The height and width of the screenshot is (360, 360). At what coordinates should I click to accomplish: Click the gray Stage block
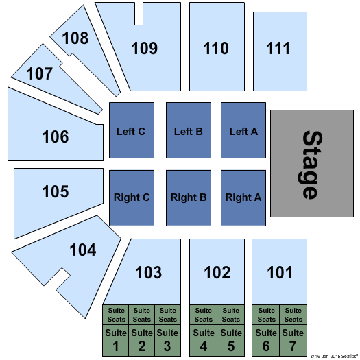pos(312,163)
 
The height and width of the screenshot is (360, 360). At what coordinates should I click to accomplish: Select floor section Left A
pos(243,130)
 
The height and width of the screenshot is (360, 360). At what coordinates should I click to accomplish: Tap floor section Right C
pos(132,198)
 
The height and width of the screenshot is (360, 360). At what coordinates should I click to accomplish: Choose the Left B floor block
pos(189,130)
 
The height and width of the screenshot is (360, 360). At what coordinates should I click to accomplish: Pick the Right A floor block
pos(243,198)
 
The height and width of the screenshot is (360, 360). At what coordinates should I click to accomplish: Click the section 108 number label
pos(75,38)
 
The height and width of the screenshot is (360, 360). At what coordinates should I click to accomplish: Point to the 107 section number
pos(40,73)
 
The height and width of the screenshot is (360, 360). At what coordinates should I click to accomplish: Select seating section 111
pos(280,51)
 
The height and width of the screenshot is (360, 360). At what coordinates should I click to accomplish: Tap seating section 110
pos(217,47)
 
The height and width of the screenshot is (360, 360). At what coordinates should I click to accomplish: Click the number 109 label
pos(145,48)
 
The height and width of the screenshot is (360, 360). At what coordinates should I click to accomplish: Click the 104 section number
pos(83,250)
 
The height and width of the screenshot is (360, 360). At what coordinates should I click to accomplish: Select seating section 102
pos(217,272)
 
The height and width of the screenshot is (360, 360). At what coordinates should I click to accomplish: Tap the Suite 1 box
pos(115,340)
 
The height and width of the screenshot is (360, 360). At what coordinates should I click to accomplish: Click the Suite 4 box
pos(203,340)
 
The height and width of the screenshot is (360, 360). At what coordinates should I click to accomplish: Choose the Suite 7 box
pos(293,340)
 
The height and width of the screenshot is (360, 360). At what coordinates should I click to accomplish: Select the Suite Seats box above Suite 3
pos(167,315)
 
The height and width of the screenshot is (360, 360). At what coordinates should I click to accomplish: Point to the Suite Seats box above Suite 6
pos(266,315)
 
